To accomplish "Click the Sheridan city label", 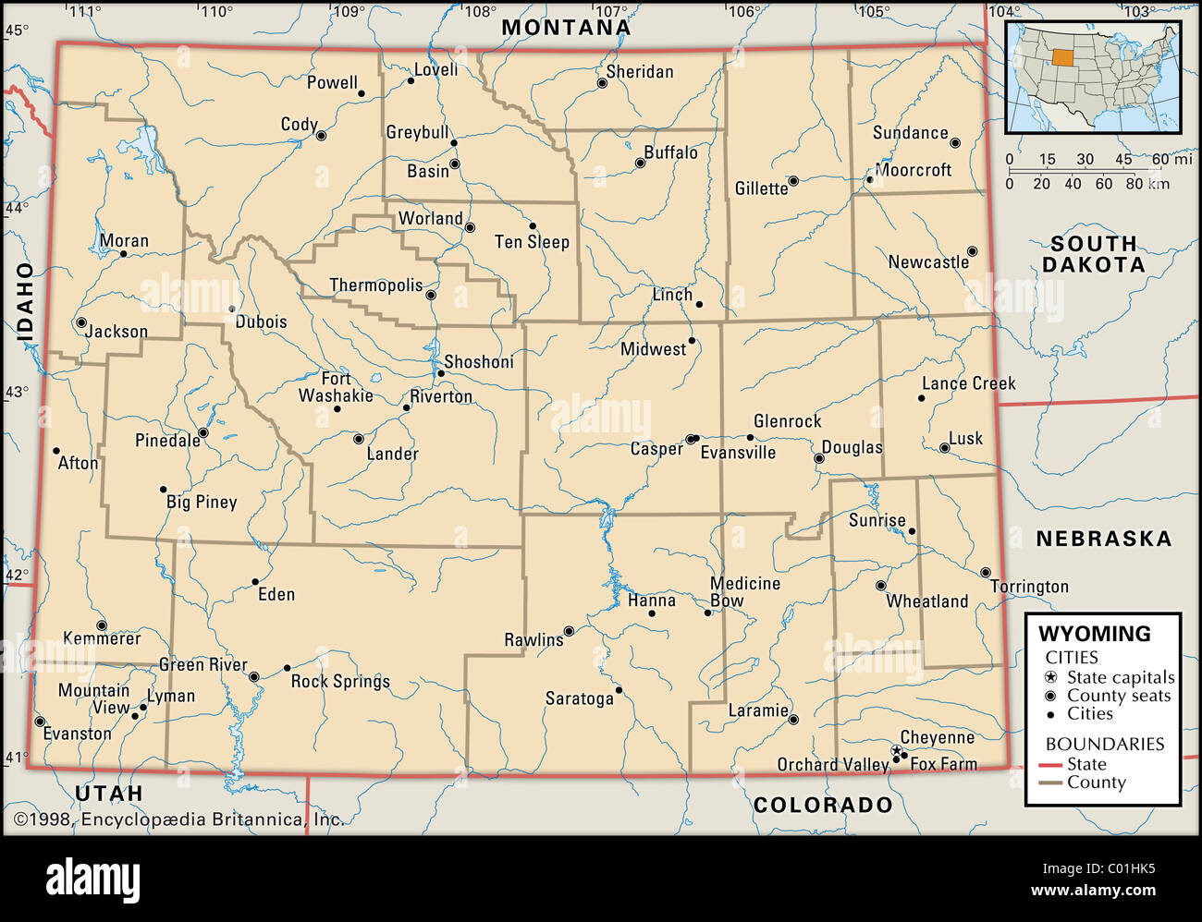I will [x=640, y=72].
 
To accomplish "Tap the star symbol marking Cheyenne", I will [x=896, y=750].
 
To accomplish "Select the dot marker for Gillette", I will [x=792, y=181].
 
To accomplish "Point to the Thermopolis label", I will [x=376, y=285].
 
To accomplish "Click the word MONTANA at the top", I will [x=566, y=28].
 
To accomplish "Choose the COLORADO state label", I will [x=823, y=805].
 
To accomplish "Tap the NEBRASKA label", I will [x=1103, y=539].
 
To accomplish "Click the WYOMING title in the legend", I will [x=1095, y=634].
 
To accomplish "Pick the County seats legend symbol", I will [x=1050, y=696].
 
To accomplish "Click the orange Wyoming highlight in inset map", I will [x=1063, y=57].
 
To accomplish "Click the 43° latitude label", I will [x=16, y=392].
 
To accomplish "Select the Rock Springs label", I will [x=340, y=682].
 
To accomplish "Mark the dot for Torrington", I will [x=985, y=573].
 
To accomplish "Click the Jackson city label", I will [x=117, y=332].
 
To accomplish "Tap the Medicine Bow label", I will [x=744, y=592].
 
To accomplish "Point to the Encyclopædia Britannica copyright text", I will [x=178, y=819].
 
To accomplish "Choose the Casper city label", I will [x=656, y=449].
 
